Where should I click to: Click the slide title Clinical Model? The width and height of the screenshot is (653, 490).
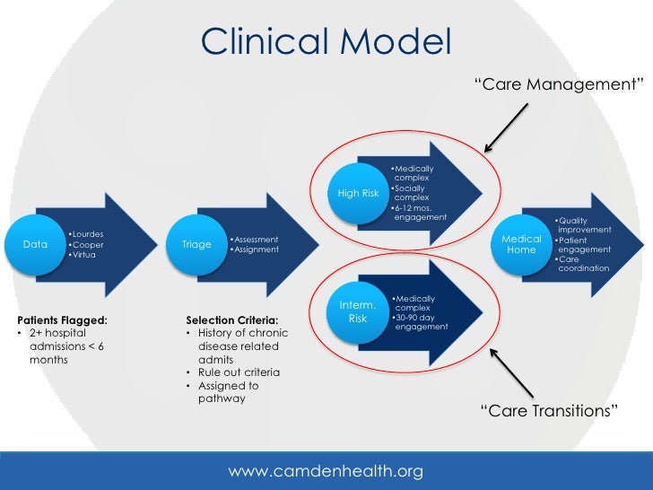(326, 40)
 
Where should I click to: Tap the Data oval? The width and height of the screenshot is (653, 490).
(35, 244)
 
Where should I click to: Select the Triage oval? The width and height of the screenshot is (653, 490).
(196, 244)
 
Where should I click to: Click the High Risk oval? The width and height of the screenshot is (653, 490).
(358, 193)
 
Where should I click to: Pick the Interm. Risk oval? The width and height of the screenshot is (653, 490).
(358, 311)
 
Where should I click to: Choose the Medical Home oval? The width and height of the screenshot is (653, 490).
(521, 244)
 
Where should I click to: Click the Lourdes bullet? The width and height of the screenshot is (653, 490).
(87, 234)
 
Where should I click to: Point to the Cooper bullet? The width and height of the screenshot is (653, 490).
(87, 245)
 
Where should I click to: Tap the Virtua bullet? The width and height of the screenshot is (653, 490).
(85, 255)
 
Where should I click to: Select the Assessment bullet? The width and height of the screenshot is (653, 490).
(254, 240)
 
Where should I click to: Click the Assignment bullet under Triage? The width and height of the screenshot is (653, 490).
(254, 249)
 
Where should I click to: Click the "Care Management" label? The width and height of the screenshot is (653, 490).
(559, 84)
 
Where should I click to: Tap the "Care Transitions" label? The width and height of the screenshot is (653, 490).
(549, 411)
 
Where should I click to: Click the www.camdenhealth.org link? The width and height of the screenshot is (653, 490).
(326, 471)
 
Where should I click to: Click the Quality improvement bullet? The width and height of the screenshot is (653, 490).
(583, 225)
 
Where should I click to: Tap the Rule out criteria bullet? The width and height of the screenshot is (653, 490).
(239, 372)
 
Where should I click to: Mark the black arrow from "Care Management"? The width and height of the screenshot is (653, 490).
(507, 125)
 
